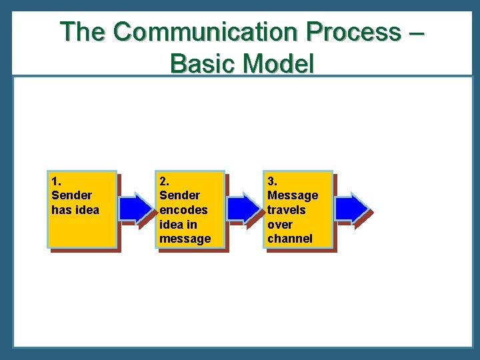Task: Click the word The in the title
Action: click(x=83, y=31)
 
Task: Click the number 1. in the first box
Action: click(x=56, y=181)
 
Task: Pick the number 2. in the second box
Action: click(x=164, y=181)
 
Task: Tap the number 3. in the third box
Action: click(x=272, y=181)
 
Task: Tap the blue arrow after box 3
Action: click(x=352, y=208)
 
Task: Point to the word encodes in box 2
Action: click(x=183, y=210)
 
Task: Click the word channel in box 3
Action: click(x=289, y=239)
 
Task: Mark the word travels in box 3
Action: click(x=287, y=210)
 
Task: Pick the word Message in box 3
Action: click(x=293, y=195)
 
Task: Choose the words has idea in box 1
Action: click(x=75, y=210)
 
